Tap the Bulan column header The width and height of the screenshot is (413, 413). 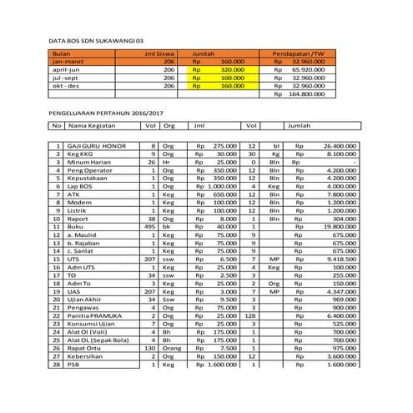(x=59, y=53)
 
